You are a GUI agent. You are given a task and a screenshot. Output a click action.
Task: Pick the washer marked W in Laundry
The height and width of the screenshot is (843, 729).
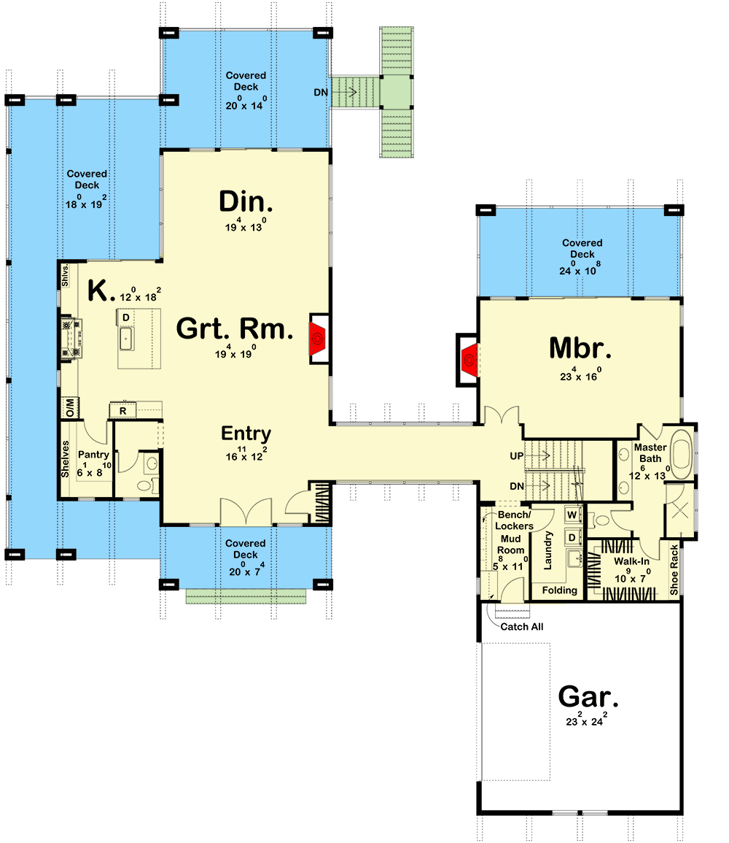pyautogui.click(x=572, y=515)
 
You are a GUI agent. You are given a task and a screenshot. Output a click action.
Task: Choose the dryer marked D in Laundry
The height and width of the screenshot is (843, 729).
pyautogui.click(x=572, y=538)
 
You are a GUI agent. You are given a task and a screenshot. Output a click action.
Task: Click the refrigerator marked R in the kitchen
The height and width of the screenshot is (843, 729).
pyautogui.click(x=123, y=412)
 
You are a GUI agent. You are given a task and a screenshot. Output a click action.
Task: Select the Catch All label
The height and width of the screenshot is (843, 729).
pyautogui.click(x=521, y=626)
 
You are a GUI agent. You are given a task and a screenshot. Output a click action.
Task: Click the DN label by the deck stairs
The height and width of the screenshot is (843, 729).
pyautogui.click(x=320, y=93)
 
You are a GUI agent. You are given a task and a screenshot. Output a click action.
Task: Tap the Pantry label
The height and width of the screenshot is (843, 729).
pyautogui.click(x=95, y=455)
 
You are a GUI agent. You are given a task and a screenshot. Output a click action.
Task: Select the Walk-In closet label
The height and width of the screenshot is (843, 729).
pyautogui.click(x=631, y=561)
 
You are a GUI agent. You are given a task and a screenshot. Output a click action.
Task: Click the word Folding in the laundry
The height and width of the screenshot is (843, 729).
pyautogui.click(x=560, y=590)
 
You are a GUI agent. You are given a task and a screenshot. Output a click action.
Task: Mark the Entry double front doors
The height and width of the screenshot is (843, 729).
pyautogui.click(x=246, y=513)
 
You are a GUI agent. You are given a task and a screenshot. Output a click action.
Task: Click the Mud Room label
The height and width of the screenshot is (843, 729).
pyautogui.click(x=510, y=544)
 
